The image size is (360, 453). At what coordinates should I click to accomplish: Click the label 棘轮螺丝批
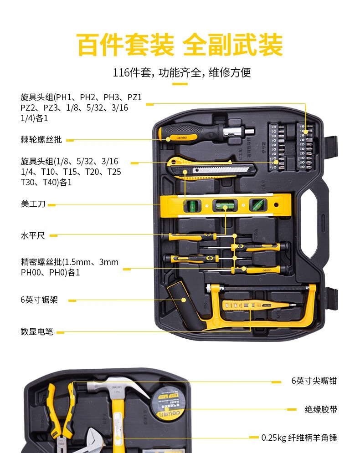41,140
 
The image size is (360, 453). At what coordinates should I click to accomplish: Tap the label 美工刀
33,204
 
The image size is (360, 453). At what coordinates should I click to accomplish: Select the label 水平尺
33,236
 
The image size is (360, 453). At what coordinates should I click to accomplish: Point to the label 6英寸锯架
39,300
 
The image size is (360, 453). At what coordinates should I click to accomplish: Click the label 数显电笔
37,332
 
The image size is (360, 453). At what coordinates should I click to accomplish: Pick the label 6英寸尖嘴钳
314,381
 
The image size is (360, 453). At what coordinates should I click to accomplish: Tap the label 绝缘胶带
321,409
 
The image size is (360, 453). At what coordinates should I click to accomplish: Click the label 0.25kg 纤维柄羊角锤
299,438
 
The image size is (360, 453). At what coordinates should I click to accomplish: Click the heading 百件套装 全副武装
180,44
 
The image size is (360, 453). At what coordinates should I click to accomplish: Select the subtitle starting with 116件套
182,72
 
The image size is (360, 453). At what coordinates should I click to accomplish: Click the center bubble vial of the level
224,206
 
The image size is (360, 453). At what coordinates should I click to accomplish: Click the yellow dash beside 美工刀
51,205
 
